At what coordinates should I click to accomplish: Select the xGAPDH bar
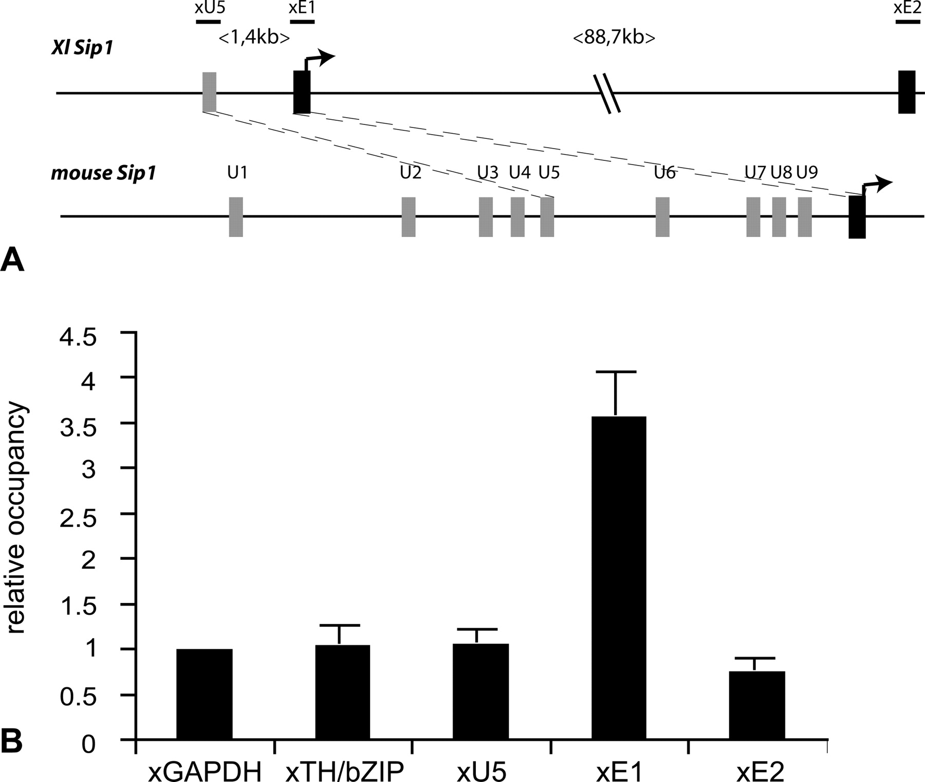coord(204,694)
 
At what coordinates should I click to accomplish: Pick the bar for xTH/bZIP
coord(342,692)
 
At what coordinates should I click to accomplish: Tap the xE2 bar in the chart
coord(757,705)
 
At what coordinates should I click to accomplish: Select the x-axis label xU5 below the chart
coord(481,771)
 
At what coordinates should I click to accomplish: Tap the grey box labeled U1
coord(236,216)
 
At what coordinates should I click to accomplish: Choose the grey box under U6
coord(662,216)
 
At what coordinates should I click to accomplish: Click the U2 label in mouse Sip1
coord(411,173)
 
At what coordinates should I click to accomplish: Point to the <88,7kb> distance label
coord(614,38)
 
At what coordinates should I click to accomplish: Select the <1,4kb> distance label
coord(254,38)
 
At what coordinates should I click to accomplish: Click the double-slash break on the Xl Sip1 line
coord(607,94)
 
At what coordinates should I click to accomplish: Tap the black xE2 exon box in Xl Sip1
coord(906,92)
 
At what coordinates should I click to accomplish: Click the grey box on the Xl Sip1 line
coord(209,92)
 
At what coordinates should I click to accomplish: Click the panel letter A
coord(12,261)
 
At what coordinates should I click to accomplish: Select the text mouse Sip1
coord(103,173)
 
